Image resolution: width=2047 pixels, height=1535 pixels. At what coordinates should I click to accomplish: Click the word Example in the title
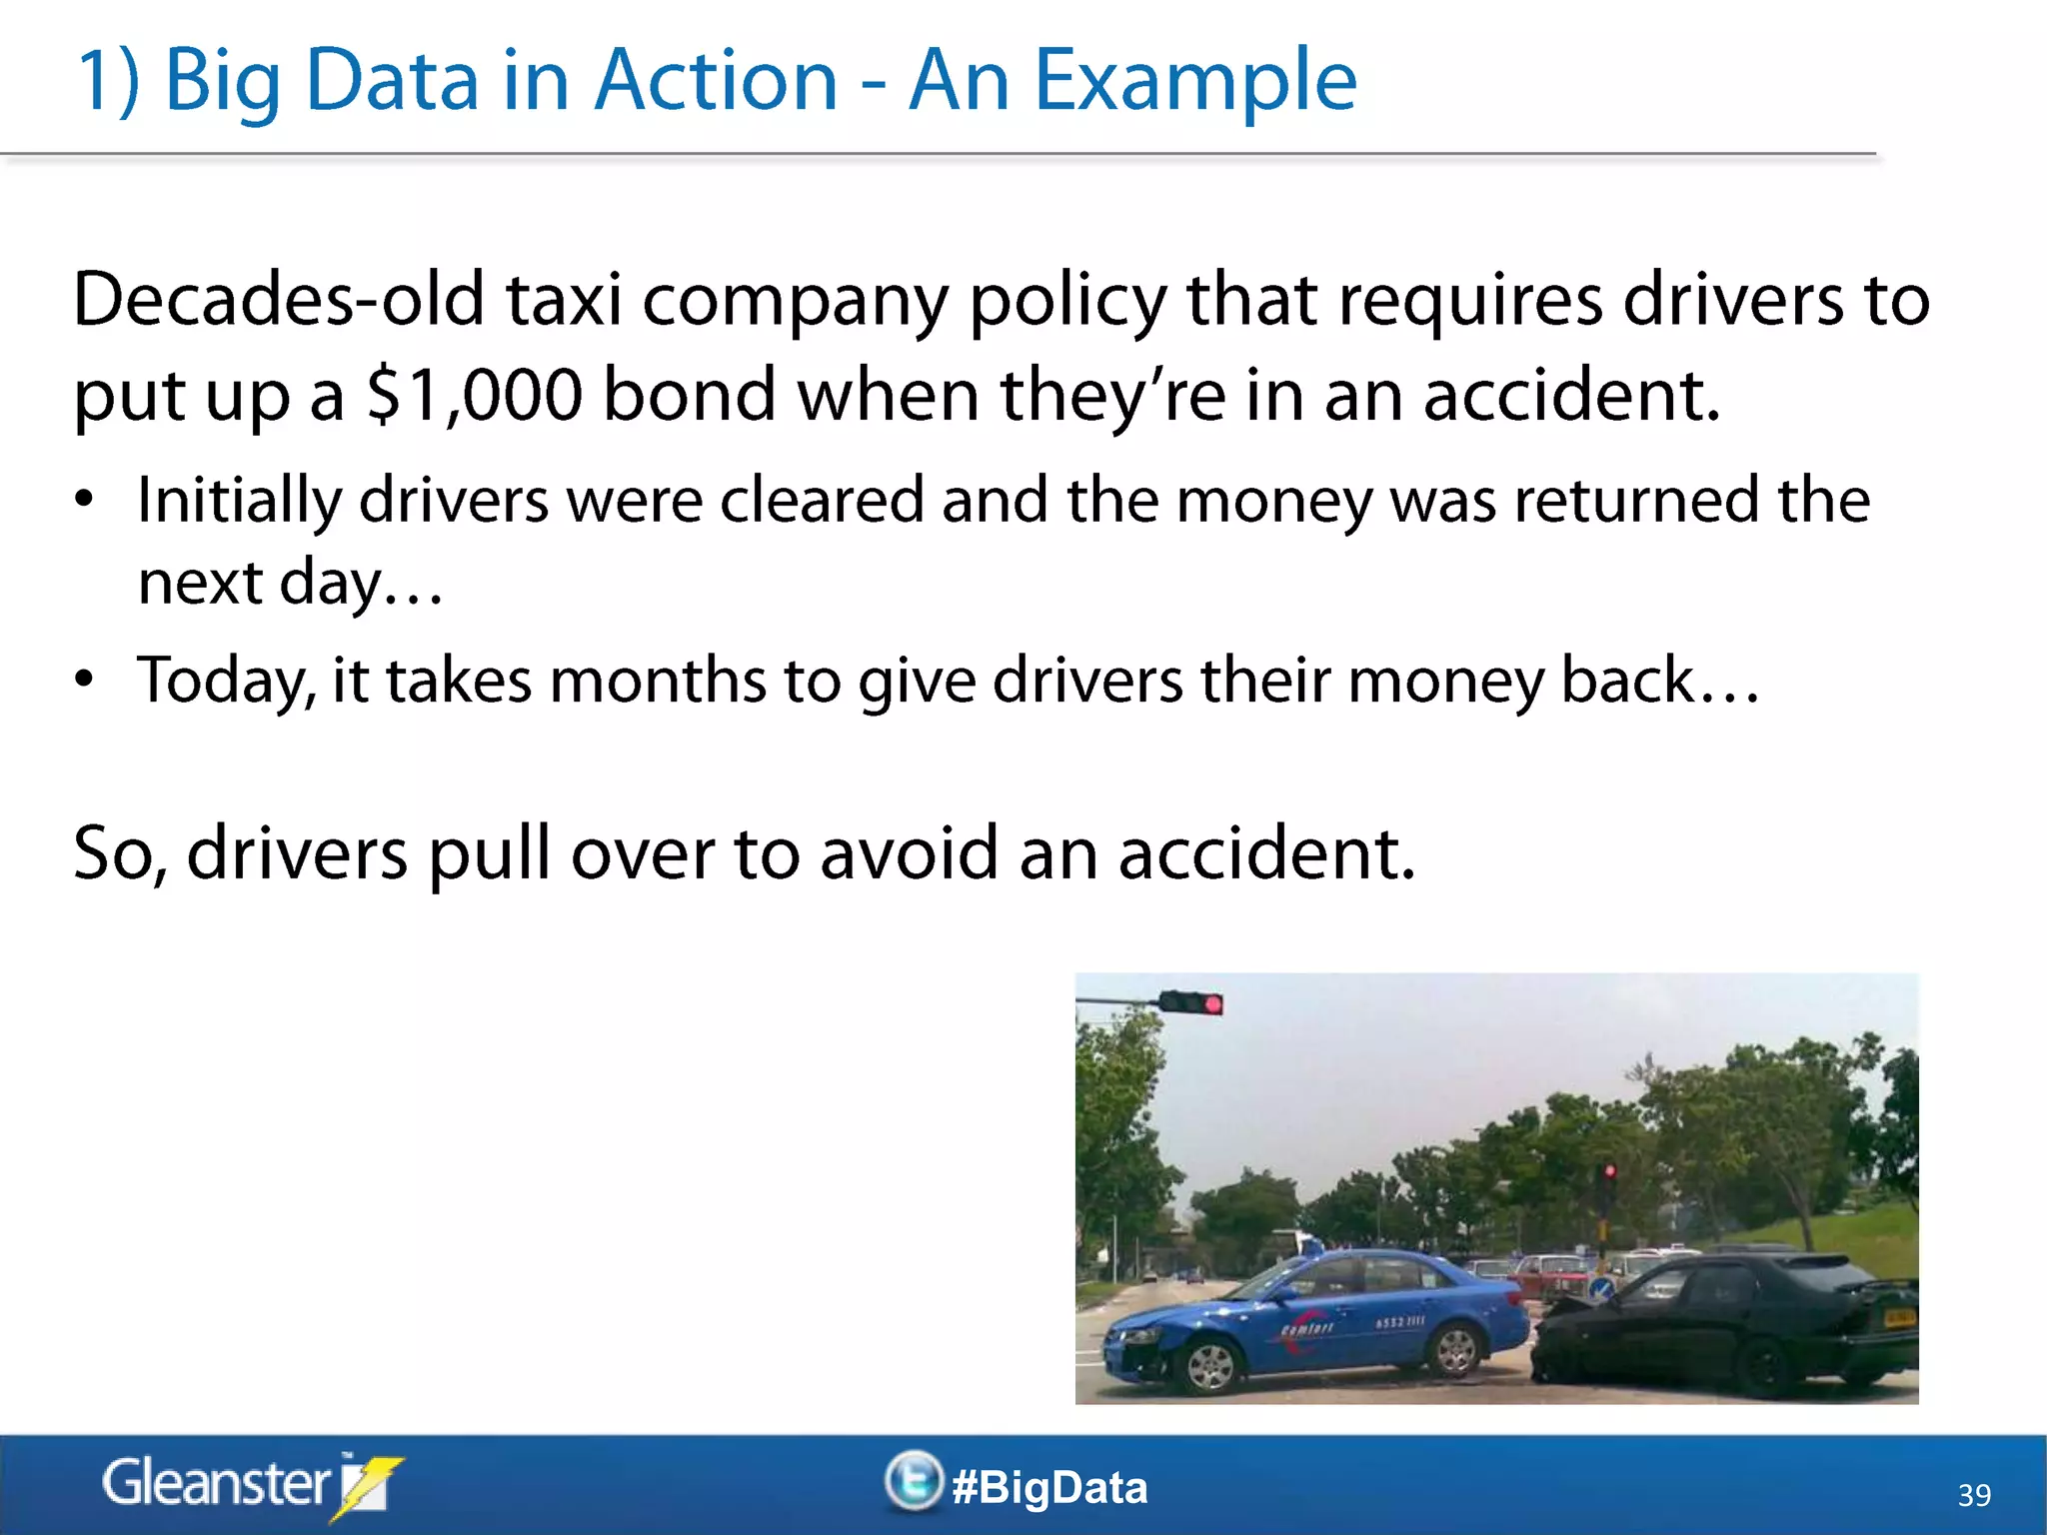[x=1194, y=82]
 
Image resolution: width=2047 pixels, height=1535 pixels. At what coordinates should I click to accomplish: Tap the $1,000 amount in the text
[x=474, y=395]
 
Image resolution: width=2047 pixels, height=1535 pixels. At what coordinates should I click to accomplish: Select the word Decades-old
[x=279, y=300]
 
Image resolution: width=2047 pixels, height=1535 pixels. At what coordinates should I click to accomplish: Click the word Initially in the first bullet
[x=238, y=501]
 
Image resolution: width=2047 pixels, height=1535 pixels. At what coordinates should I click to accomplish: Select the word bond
[x=690, y=395]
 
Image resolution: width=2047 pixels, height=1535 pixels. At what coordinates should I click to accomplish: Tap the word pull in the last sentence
[x=489, y=854]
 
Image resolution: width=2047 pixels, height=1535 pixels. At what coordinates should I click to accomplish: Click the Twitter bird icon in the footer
[x=913, y=1481]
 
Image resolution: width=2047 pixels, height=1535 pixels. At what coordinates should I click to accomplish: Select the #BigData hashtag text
[x=1049, y=1488]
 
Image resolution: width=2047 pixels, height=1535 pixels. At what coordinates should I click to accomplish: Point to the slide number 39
[x=1974, y=1495]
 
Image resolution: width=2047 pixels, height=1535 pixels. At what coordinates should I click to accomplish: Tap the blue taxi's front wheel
[x=1210, y=1364]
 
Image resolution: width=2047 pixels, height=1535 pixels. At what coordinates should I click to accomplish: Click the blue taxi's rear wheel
[x=1454, y=1350]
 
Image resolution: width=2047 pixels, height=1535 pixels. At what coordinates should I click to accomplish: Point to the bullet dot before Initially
[x=85, y=499]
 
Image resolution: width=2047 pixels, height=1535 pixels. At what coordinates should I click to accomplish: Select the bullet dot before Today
[x=85, y=680]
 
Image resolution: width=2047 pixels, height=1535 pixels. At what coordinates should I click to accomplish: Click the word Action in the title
[x=716, y=82]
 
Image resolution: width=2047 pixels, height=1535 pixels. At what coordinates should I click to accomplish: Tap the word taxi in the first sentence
[x=564, y=300]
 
